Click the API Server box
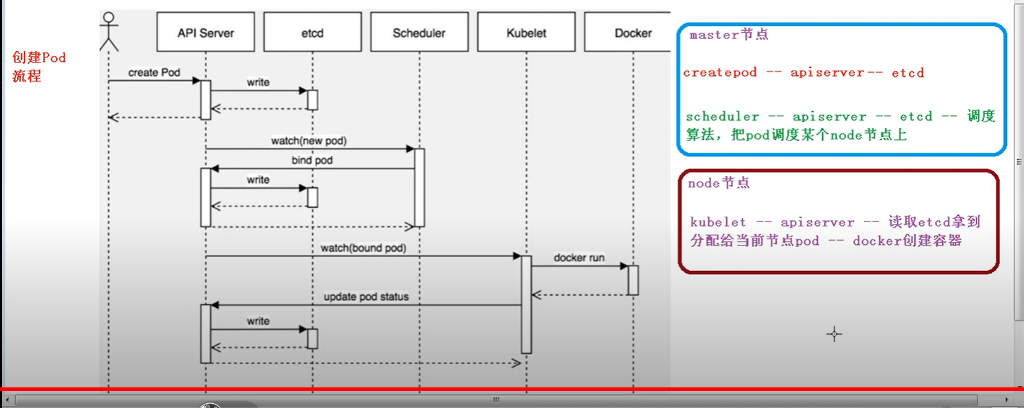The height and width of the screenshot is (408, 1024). tap(205, 33)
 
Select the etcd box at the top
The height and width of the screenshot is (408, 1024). tap(312, 33)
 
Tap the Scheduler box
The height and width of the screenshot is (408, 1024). tap(419, 33)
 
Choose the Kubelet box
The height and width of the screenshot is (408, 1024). tap(526, 33)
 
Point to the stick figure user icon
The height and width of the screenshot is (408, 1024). tap(108, 32)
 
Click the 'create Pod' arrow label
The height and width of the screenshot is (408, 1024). tap(153, 73)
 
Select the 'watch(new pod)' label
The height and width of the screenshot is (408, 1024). tap(309, 141)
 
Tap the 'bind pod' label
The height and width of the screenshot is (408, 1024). tap(312, 160)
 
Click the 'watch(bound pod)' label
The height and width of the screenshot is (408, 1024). tap(363, 248)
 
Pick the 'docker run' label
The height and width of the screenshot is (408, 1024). tap(579, 257)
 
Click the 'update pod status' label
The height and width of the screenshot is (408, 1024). tap(366, 297)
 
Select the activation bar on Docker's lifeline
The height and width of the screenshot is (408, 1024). tap(633, 280)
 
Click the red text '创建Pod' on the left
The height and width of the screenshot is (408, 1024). tap(39, 58)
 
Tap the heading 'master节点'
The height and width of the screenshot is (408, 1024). tap(728, 35)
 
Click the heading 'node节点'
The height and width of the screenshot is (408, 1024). tap(719, 183)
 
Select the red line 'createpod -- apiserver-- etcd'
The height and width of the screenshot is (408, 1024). tap(804, 73)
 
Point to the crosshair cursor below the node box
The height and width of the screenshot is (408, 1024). tap(834, 335)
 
